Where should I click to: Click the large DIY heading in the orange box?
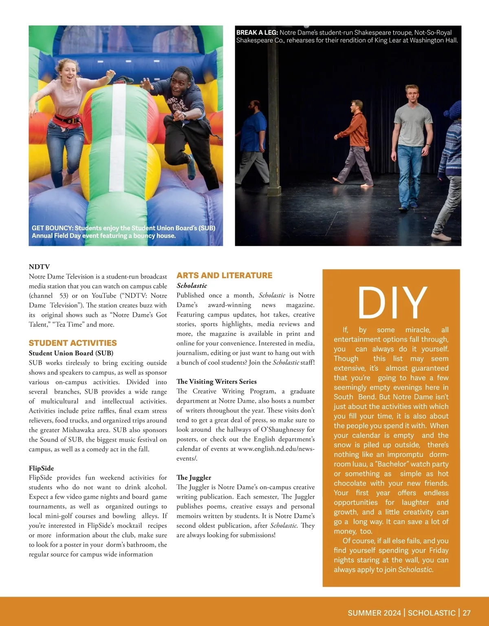392,302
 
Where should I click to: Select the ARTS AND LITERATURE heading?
224,275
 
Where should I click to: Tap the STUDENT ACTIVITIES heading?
73,343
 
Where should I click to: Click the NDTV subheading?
39,267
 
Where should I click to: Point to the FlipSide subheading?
41,468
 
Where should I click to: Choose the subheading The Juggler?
194,478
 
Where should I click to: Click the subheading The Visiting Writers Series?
216,381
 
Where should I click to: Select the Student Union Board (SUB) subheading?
71,353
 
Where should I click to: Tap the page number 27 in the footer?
467,613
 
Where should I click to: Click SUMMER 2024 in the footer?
374,613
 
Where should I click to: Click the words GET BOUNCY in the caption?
52,228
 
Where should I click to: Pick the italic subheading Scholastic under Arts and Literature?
192,285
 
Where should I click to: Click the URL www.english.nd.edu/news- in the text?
276,449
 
